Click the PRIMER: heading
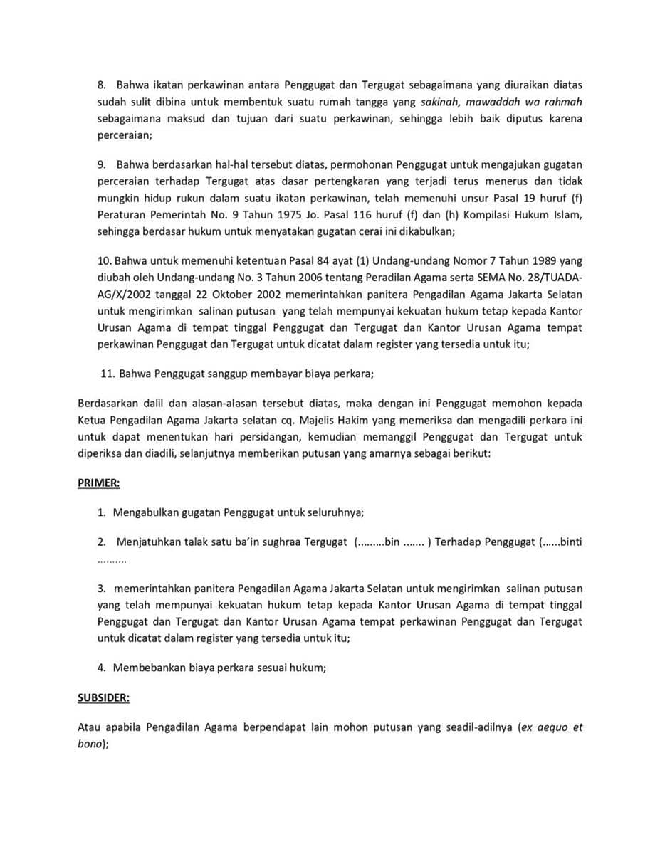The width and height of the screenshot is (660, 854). [x=98, y=483]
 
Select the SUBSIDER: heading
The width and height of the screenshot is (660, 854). [x=103, y=698]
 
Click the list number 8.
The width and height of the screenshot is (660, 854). [x=102, y=85]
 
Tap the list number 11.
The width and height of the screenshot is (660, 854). [x=108, y=374]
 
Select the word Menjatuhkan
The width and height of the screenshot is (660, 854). [x=150, y=542]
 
